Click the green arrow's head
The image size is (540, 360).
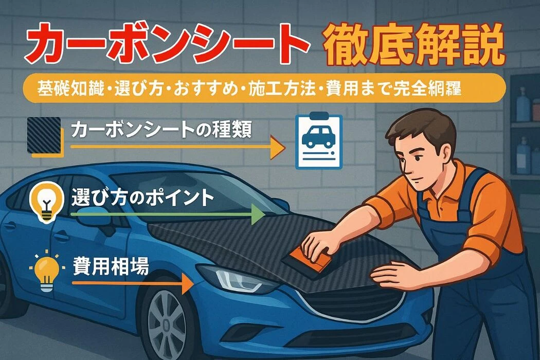[258, 214]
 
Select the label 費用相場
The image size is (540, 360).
[111, 265]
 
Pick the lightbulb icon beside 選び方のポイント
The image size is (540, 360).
[47, 203]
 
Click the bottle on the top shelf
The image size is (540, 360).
[523, 104]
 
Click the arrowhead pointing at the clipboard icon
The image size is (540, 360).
[278, 147]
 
